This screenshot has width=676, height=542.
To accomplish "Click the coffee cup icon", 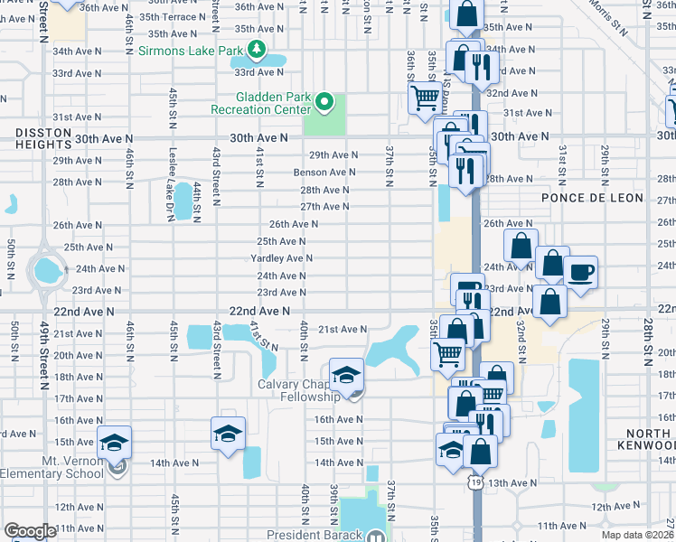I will point(580,271).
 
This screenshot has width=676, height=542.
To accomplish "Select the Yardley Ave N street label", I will point(281,258).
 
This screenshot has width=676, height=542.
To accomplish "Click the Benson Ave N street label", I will point(324,173).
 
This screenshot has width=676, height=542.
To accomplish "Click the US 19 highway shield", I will point(474,483).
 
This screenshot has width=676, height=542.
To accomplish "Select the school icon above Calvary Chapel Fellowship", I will point(345,374).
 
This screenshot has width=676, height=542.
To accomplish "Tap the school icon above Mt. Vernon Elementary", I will point(115,442).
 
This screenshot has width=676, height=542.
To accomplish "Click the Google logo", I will point(30,531).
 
